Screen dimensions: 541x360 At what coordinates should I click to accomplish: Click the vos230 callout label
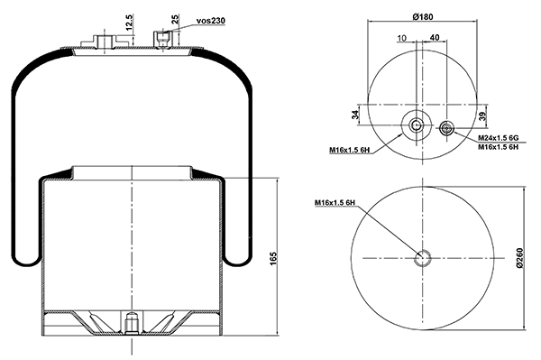[210, 21]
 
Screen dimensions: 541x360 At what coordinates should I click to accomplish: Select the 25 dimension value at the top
[176, 19]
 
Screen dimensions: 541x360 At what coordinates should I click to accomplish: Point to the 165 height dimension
[273, 259]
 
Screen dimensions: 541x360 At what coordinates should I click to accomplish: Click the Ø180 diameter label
[423, 16]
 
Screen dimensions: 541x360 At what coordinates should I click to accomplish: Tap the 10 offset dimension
[402, 38]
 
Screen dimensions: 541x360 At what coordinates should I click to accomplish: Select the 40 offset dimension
[436, 37]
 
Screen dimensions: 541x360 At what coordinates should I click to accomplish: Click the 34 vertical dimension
[355, 115]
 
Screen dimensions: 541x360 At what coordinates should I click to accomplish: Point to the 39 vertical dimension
[482, 116]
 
